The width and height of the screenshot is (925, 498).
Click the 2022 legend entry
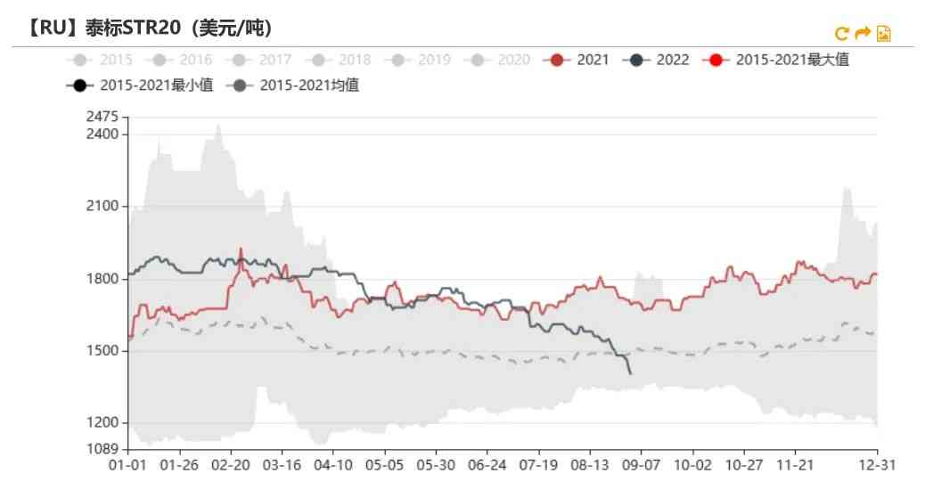(659, 60)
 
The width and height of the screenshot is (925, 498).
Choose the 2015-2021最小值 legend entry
(141, 86)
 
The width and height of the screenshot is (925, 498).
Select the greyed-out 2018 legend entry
(342, 60)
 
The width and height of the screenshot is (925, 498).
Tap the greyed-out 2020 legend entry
(502, 60)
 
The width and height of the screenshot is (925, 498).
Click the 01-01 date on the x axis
(128, 465)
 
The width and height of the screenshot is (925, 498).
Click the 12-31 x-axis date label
(877, 465)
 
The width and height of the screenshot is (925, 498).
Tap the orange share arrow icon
(862, 34)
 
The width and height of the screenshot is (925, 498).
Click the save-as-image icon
(883, 34)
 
